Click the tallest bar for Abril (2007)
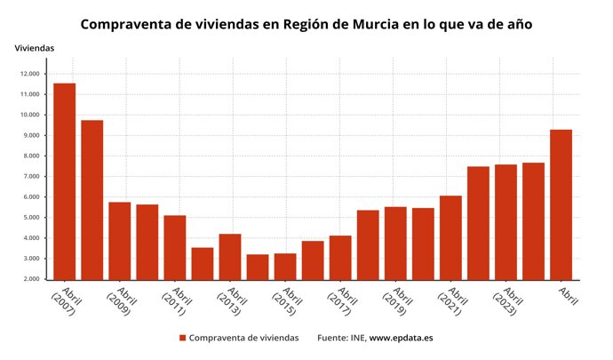tap(64, 181)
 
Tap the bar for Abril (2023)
tap(506, 222)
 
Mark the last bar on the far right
tap(561, 204)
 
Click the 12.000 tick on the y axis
tap(29, 74)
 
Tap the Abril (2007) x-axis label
tap(65, 302)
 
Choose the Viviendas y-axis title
tap(35, 47)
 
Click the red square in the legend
tap(182, 339)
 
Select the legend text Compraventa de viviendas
tap(243, 339)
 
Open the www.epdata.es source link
tap(401, 339)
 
